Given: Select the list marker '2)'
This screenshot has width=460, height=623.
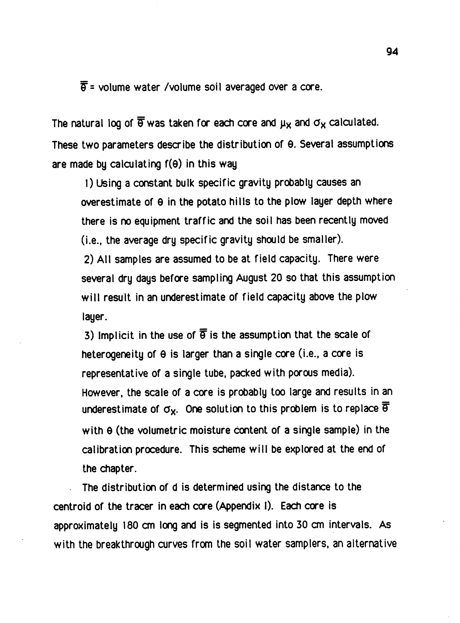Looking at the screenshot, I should tap(89, 259).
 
